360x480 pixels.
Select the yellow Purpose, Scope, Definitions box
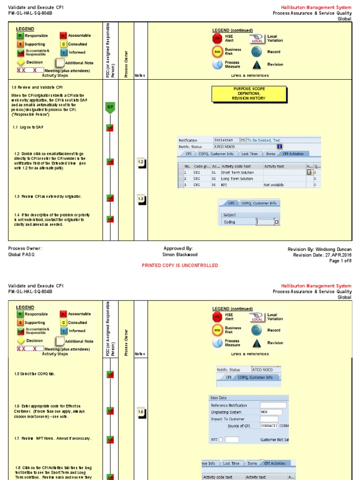click(x=242, y=94)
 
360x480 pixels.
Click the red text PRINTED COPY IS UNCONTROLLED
click(x=180, y=265)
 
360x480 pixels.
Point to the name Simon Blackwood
click(x=180, y=255)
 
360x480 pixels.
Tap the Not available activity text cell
click(x=274, y=185)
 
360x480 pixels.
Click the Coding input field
click(x=265, y=222)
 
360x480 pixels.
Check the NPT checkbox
click(x=221, y=440)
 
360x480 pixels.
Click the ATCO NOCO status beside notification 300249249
click(x=225, y=147)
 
